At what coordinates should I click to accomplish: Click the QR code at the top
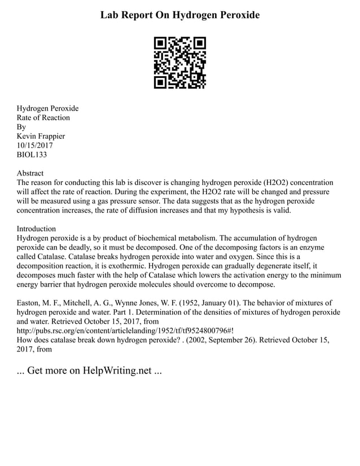tap(179, 63)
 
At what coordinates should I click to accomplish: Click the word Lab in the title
tap(111, 15)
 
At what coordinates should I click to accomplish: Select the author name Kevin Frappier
tap(41, 136)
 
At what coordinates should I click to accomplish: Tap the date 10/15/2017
tap(35, 146)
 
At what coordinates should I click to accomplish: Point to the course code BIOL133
tap(34, 155)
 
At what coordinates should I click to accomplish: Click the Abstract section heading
tap(30, 173)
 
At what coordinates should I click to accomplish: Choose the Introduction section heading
tap(36, 229)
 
